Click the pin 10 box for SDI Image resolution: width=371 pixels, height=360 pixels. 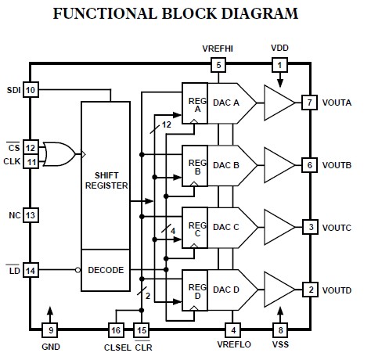31,91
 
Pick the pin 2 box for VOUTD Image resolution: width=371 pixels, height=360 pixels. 310,290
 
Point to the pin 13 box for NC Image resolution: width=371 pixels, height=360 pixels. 31,214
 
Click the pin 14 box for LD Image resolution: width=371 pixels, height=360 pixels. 31,270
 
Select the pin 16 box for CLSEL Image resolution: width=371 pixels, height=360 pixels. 117,330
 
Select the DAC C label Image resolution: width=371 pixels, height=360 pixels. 225,227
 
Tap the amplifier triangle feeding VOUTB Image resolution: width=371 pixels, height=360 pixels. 278,164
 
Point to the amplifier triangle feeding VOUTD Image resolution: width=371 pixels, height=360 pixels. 278,290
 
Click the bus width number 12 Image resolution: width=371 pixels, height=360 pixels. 165,124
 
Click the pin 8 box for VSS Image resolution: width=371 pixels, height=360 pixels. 279,330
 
